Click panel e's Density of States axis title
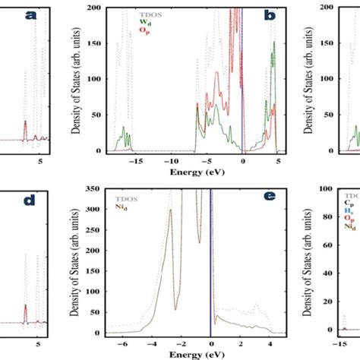pos(75,262)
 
